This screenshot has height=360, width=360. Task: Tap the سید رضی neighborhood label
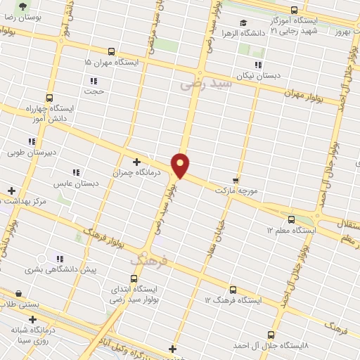pos(205,83)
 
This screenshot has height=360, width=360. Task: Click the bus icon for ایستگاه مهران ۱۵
pos(111,51)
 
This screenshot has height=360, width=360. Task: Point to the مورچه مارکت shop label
pos(238,191)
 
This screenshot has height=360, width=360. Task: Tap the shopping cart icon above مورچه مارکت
pos(236,179)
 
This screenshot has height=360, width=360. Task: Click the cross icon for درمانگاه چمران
pos(136,161)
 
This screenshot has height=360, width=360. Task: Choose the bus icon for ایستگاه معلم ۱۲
pos(291,219)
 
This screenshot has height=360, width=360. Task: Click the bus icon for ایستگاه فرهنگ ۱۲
pos(233,290)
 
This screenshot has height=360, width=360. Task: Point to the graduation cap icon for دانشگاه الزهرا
pos(243,22)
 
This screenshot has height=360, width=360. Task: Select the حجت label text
pos(94,91)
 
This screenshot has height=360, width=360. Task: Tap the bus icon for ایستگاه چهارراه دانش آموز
pos(49,98)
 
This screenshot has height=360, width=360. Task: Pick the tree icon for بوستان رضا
pos(23,6)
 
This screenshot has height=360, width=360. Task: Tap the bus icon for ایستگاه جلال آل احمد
pos(271,335)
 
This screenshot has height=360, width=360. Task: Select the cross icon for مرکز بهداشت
pos(11,191)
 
